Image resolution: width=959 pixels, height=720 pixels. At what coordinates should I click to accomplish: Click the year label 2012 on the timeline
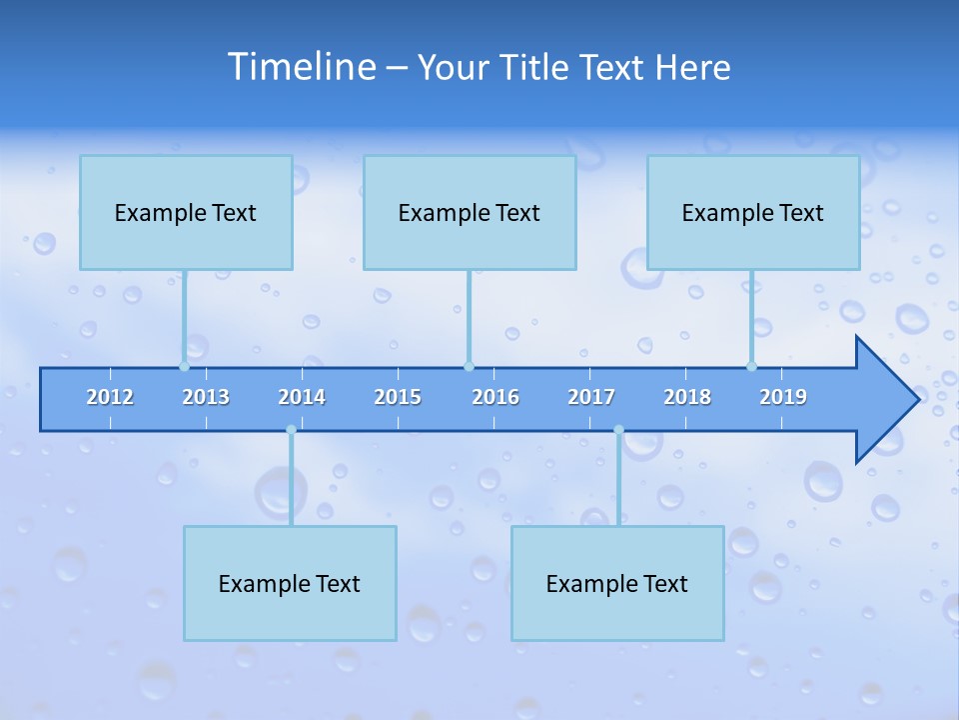(110, 397)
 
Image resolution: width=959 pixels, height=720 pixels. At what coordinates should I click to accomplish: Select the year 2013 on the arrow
(206, 397)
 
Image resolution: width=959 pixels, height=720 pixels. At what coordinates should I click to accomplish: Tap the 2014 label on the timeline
(302, 397)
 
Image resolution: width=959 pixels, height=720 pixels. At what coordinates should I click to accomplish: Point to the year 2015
(398, 397)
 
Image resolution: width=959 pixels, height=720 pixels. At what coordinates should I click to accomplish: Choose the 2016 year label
(495, 397)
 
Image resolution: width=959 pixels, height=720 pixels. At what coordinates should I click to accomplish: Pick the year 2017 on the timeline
(591, 397)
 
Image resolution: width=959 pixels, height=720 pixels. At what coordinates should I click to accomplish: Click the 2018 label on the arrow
(687, 397)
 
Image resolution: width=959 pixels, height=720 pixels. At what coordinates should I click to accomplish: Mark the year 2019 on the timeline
(783, 397)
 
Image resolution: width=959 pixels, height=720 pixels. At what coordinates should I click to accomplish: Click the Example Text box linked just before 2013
(186, 212)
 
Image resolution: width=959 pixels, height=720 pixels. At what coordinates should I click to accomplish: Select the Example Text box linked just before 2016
(470, 212)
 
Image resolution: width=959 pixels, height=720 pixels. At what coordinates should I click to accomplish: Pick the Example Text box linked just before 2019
(753, 212)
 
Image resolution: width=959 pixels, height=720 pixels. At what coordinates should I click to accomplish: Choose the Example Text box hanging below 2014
(290, 583)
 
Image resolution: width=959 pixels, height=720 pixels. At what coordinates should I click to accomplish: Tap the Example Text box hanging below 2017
(617, 583)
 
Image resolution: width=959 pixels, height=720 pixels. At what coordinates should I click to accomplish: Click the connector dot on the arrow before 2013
(184, 367)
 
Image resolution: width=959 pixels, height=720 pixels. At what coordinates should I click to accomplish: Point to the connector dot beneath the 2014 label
(291, 430)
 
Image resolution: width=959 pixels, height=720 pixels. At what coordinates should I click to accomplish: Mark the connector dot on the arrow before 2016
(469, 367)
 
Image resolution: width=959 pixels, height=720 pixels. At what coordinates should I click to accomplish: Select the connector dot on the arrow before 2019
(751, 367)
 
